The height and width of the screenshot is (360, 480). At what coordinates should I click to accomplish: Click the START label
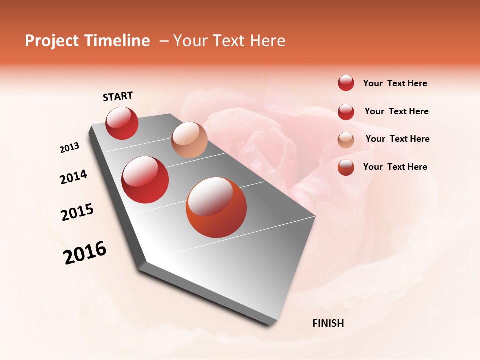click(118, 96)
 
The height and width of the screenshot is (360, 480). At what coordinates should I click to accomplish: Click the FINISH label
click(328, 323)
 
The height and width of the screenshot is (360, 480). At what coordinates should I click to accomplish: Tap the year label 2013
click(70, 148)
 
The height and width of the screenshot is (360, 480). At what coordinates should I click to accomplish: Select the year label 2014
click(73, 177)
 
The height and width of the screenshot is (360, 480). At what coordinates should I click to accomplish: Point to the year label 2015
click(77, 212)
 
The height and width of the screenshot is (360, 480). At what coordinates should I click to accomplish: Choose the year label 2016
click(85, 253)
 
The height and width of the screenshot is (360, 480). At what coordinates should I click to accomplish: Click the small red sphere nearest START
click(122, 123)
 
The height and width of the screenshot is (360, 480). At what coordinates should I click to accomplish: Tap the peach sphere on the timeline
click(189, 140)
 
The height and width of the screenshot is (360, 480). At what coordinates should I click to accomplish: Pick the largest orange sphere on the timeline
click(216, 207)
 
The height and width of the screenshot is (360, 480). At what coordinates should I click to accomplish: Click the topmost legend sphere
click(346, 83)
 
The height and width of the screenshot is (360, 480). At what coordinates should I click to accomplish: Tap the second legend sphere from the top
click(346, 112)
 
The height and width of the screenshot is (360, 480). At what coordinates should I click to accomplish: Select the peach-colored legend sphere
click(346, 140)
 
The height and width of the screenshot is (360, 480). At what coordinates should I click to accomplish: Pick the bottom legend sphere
click(346, 167)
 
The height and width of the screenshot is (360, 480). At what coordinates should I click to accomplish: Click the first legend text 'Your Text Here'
click(395, 84)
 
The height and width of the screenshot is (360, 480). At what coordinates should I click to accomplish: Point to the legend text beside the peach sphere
click(397, 139)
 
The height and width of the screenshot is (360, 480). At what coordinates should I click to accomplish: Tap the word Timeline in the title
click(118, 41)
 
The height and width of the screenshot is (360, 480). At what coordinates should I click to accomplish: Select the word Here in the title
click(267, 41)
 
